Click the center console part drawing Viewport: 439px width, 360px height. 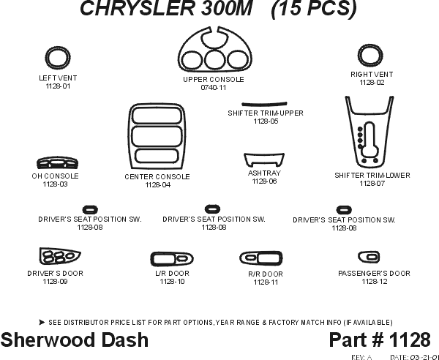pos(157,137)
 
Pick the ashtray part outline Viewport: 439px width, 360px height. pos(263,161)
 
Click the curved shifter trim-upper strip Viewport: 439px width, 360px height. pos(263,104)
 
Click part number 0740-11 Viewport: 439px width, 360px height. pos(213,88)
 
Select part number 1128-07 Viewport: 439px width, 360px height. pos(372,184)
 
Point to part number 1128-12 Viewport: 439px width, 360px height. pos(374,282)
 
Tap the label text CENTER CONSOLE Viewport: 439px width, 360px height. pos(157,177)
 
